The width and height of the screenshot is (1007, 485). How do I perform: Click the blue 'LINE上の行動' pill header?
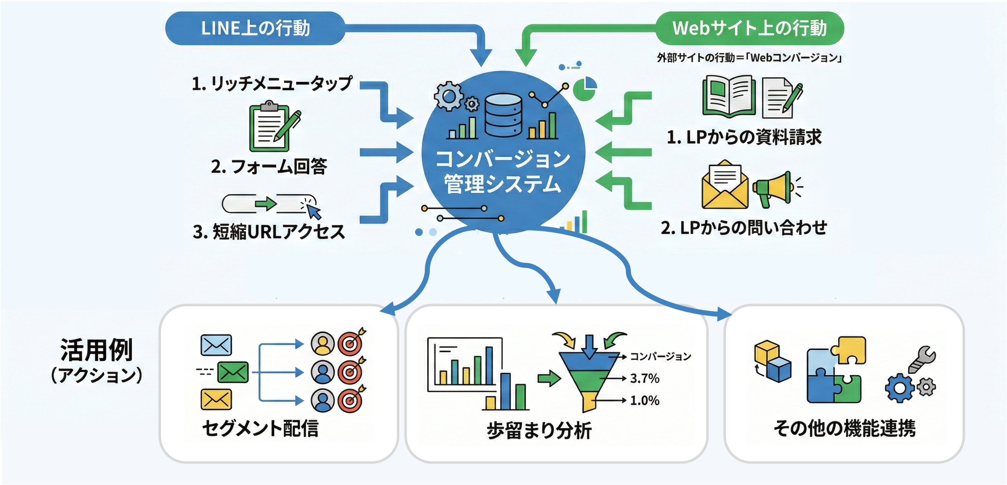255,28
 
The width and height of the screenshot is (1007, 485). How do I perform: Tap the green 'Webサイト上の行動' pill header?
749,28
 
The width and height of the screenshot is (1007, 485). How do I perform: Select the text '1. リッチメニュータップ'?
272,83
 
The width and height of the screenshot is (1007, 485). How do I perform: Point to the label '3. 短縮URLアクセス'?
269,231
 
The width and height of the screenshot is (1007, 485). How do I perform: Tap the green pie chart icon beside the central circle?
585,89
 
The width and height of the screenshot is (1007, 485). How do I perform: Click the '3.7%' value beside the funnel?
645,378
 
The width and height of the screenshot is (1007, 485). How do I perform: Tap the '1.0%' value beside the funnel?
645,400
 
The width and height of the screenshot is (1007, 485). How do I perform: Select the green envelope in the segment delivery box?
233,372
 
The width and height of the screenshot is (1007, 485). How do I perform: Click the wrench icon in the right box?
921,359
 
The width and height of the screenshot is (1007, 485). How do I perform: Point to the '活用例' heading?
96,350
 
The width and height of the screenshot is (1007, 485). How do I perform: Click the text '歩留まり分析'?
539,430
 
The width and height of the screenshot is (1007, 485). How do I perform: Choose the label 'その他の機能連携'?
844,428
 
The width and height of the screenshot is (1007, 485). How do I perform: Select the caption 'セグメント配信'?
260,428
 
